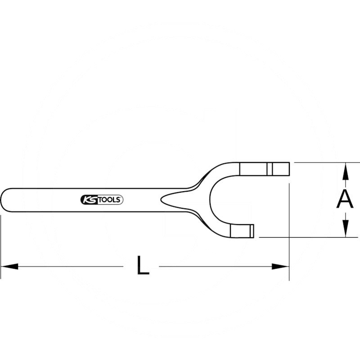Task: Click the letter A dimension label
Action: pos(345,199)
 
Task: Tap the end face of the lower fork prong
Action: pos(253,231)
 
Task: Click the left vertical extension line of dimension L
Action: pos(1,243)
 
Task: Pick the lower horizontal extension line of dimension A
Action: pos(306,237)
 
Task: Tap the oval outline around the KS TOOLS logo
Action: pos(102,195)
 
